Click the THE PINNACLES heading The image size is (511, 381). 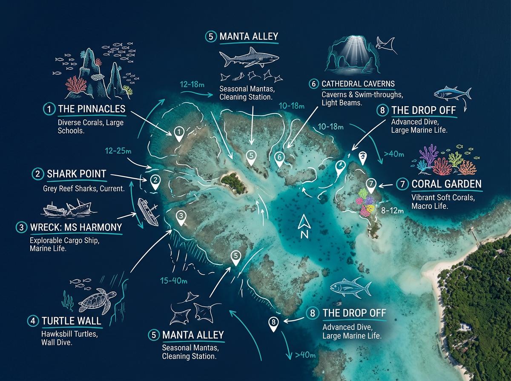[92, 109]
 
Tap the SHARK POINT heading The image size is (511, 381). [76, 173]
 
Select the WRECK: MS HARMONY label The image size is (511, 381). [76, 227]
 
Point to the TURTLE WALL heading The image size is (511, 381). [72, 321]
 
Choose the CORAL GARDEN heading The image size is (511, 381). [446, 184]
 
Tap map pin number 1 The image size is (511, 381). [179, 133]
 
